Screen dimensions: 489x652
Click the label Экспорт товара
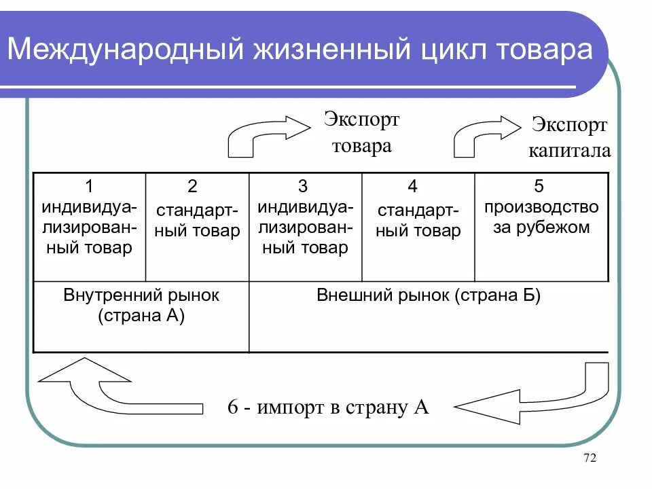coord(361,133)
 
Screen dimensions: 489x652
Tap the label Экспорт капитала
coord(569,137)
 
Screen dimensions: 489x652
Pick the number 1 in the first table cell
coord(89,186)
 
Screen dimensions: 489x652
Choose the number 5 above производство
coord(540,186)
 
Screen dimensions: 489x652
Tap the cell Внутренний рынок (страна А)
coord(141,306)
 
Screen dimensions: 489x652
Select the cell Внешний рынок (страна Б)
coord(429,296)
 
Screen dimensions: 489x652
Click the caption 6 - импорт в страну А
coord(328,407)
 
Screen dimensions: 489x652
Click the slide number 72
coord(590,459)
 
